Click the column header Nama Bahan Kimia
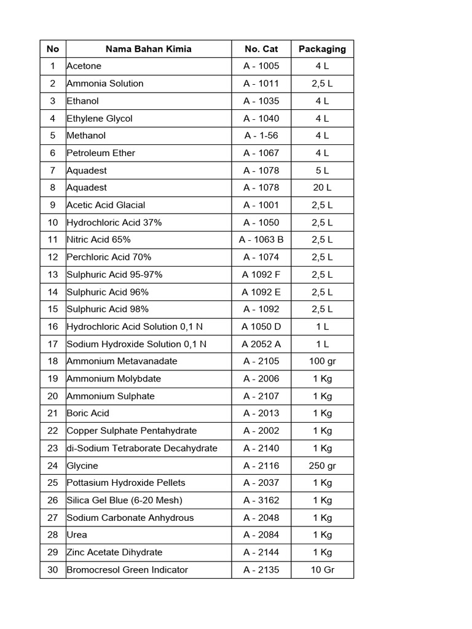point(148,49)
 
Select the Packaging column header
point(322,49)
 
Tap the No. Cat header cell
point(261,49)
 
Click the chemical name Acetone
point(84,66)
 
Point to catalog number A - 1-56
point(261,135)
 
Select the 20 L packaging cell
point(322,187)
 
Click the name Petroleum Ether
point(101,153)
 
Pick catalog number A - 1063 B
point(261,240)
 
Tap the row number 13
point(53,275)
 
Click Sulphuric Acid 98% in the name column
point(108,309)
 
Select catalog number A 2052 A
point(261,344)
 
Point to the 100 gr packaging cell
point(322,361)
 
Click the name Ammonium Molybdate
point(114,378)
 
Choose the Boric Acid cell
point(88,413)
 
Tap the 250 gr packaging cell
point(322,466)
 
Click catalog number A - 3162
point(261,500)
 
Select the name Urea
point(77,535)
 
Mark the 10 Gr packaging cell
point(322,569)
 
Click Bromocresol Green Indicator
point(127,569)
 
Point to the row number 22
point(53,431)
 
